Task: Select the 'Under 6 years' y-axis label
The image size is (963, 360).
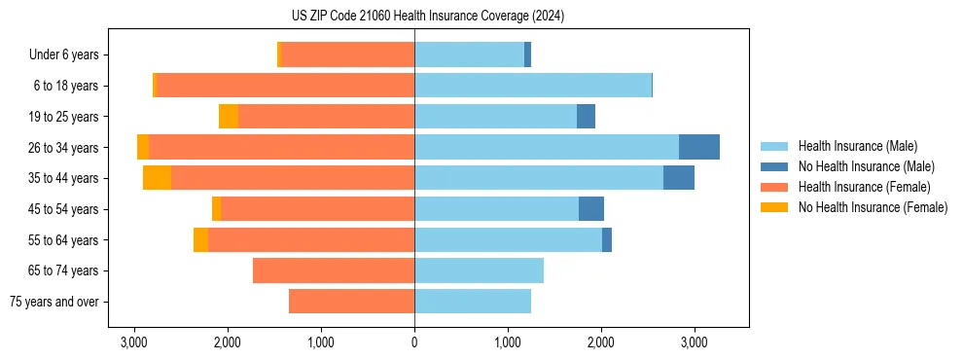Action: tap(69, 55)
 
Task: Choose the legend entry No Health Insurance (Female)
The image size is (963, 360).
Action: tap(873, 207)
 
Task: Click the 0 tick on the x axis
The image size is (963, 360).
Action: tap(414, 343)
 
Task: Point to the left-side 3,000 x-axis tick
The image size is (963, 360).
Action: tap(134, 343)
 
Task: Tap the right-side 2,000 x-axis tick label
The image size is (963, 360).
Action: tap(600, 343)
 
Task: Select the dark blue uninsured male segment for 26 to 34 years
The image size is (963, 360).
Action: tap(698, 147)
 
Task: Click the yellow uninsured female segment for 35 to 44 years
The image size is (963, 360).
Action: tap(157, 178)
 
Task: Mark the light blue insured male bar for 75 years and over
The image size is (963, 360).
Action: tap(473, 302)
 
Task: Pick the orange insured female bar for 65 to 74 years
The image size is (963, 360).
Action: tap(334, 270)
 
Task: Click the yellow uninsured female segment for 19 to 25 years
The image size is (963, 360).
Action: tap(229, 117)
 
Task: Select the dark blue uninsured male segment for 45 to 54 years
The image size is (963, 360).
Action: tap(591, 209)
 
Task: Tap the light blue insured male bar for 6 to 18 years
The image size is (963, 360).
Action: tap(533, 86)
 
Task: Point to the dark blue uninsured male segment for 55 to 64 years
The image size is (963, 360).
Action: tap(607, 239)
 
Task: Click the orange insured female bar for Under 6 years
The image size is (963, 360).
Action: tap(348, 54)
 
